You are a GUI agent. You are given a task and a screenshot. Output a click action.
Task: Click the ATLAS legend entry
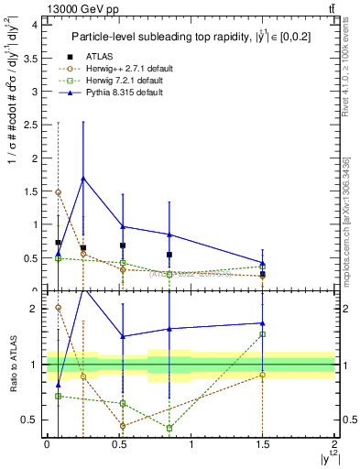click(x=104, y=57)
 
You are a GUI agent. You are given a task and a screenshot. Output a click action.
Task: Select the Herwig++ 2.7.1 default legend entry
click(x=132, y=70)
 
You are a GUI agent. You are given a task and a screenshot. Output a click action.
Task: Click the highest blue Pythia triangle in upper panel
click(x=83, y=179)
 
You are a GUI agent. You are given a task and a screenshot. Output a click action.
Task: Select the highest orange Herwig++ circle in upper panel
click(x=59, y=192)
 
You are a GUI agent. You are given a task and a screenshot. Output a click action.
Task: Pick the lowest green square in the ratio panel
click(x=169, y=428)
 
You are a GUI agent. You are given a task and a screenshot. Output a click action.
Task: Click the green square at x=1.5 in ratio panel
click(x=263, y=334)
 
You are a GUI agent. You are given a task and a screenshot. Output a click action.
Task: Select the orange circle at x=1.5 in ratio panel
click(x=263, y=375)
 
